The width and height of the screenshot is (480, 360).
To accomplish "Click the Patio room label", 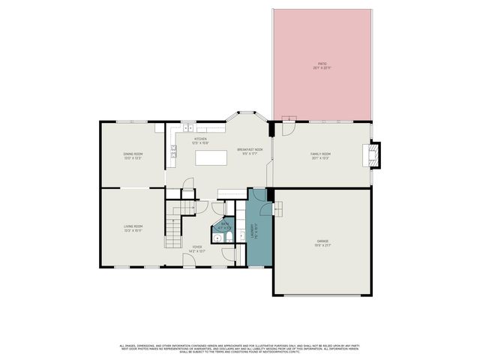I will (322, 66).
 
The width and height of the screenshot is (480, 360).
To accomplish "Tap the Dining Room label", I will (133, 156).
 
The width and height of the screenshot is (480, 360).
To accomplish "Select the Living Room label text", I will (133, 227).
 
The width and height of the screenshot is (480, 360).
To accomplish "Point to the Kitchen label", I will (200, 140).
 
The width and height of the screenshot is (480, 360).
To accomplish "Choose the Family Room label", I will (321, 156).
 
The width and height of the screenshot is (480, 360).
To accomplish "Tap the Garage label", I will (322, 242).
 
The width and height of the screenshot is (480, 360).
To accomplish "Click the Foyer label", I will (197, 248).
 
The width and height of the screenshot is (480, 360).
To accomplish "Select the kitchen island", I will (211, 157).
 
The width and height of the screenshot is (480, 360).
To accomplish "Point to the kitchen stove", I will (172, 156).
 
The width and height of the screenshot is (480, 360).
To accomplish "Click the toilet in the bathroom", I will (227, 238).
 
